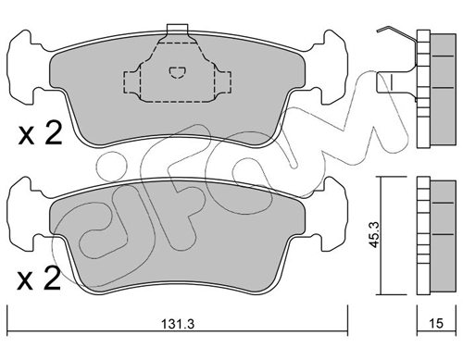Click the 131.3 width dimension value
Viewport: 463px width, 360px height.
click(x=177, y=324)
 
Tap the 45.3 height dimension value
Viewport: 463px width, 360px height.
click(x=375, y=236)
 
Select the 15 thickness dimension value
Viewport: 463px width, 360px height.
click(x=436, y=323)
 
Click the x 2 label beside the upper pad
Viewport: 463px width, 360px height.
click(x=40, y=134)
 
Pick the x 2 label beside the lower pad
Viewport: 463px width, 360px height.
click(x=39, y=279)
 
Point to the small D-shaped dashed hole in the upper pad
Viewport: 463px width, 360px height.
click(x=177, y=72)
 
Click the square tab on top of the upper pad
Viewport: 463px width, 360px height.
click(x=177, y=29)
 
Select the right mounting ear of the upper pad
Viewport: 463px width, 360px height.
click(x=332, y=66)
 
